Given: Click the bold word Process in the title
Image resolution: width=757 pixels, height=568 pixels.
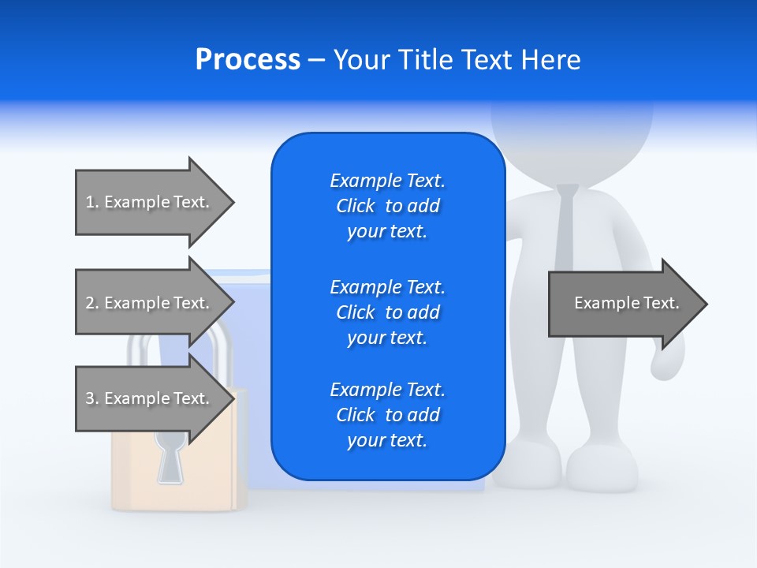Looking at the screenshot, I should pos(248,60).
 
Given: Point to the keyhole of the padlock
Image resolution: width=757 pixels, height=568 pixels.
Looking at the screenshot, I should pos(170,457).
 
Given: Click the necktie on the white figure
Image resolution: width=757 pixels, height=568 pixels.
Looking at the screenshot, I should pos(566,229).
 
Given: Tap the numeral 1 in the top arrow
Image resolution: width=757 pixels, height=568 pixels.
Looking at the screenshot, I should pos(89,202).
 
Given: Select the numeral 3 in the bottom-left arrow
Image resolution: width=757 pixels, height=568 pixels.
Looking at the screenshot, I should pos(90,398).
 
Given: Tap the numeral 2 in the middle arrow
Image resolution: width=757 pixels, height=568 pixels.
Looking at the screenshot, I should pos(90,303).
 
